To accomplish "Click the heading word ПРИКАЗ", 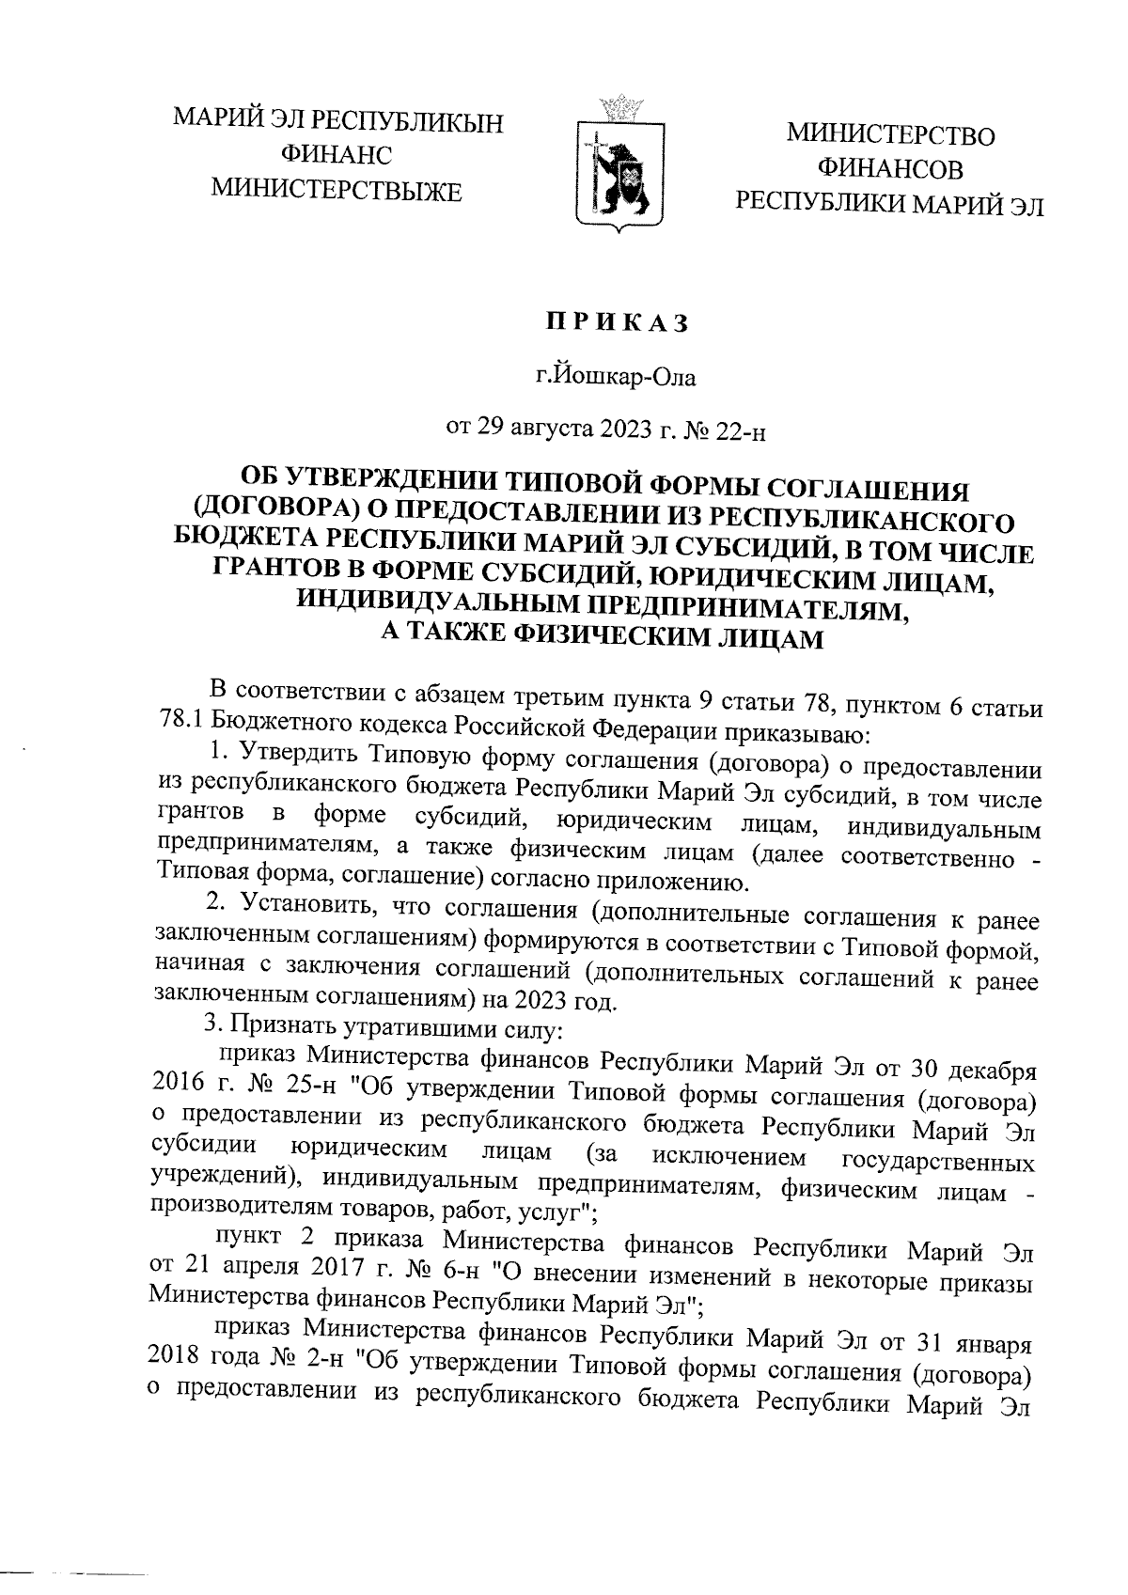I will pos(619,323).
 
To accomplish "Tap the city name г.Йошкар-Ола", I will pos(617,379).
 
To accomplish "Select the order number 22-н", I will pos(743,431).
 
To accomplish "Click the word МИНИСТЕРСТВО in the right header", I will pos(890,135).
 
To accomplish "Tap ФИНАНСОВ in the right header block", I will pos(890,169).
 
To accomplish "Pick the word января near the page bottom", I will pos(995,1338).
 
